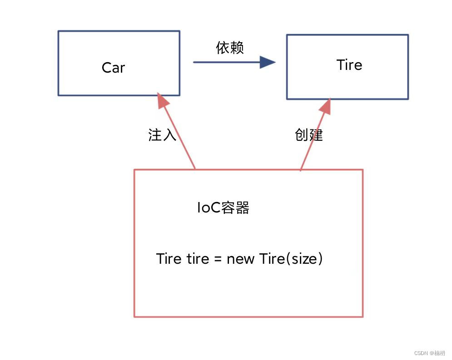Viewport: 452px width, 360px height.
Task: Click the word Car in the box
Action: pyautogui.click(x=113, y=68)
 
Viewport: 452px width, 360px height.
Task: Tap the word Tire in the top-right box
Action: pyautogui.click(x=349, y=65)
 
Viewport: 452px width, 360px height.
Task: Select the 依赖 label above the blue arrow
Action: pyautogui.click(x=230, y=47)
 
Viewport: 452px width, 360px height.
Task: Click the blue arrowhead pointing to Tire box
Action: pyautogui.click(x=268, y=62)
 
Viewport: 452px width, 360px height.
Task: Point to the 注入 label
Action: pyautogui.click(x=162, y=135)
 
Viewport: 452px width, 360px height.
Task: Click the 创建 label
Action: pyautogui.click(x=309, y=135)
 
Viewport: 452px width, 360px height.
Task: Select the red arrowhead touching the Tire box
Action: pyautogui.click(x=324, y=106)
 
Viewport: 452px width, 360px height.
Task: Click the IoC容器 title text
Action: pyautogui.click(x=223, y=208)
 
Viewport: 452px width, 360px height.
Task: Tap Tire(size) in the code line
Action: pyautogui.click(x=291, y=259)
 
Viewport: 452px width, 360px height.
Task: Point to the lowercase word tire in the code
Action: pyautogui.click(x=198, y=259)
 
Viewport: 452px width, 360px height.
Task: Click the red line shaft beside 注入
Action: pyautogui.click(x=182, y=141)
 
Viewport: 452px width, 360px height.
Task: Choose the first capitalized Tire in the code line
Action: pyautogui.click(x=169, y=259)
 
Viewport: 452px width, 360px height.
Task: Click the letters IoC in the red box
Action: pyautogui.click(x=209, y=208)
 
